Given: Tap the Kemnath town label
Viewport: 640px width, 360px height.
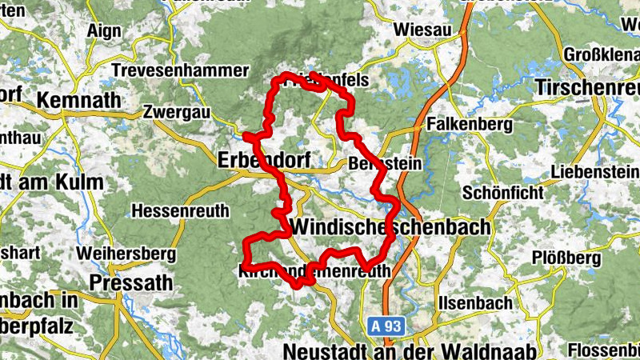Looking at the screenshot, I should (78, 101).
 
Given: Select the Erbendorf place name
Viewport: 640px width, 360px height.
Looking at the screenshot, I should (261, 160).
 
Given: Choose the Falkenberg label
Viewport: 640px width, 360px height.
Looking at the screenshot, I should (469, 126).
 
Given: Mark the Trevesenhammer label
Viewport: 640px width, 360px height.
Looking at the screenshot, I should (180, 71).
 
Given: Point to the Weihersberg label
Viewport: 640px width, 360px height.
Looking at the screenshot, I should (126, 254).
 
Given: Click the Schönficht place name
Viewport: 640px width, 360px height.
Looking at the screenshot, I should (502, 193).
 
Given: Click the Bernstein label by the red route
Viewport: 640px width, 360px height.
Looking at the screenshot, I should (385, 163).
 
